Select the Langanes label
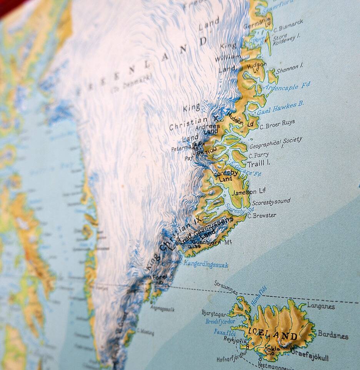pos(321,306)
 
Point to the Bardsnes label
pos(333,335)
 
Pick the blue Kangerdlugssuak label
pos(206,264)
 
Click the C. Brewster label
pos(262,216)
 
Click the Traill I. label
pos(258,163)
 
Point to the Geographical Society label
pos(276,143)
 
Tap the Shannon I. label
pos(290,68)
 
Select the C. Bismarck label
pos(288,25)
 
